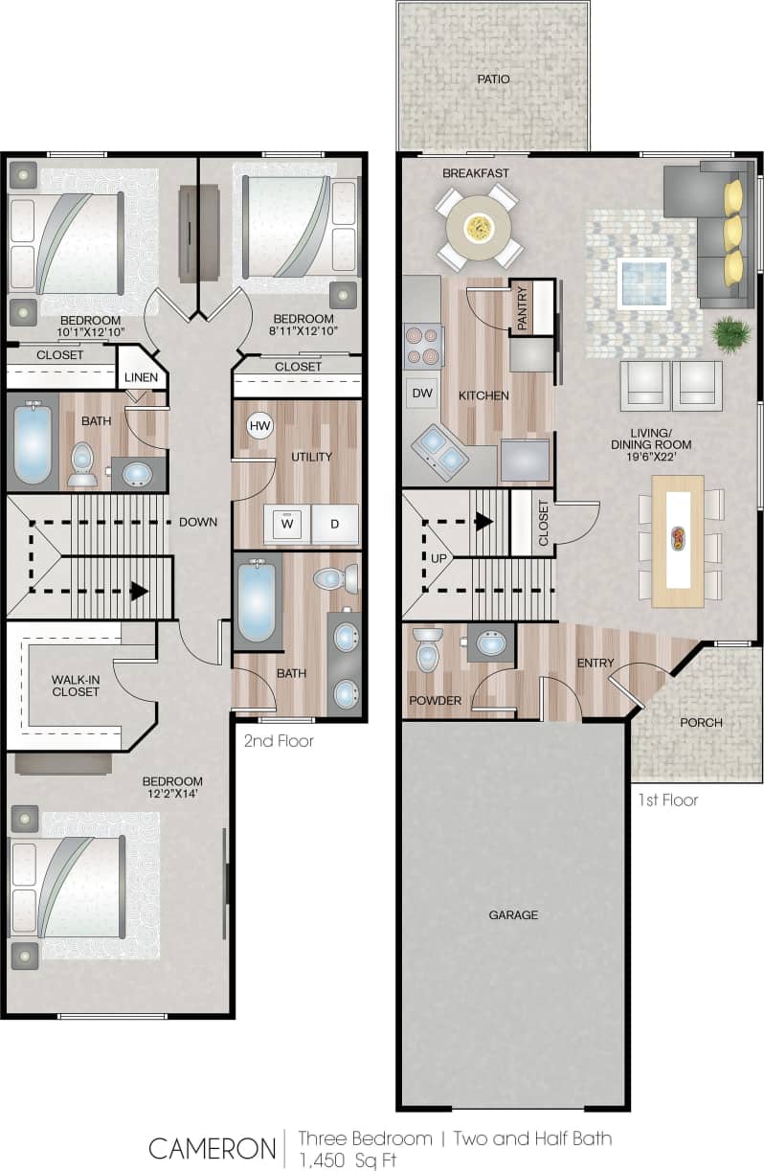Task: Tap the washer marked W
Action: point(286,524)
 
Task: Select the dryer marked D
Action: point(334,524)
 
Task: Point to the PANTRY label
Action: point(522,309)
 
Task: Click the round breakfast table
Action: point(475,228)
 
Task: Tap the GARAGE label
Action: point(513,914)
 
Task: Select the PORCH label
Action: point(702,723)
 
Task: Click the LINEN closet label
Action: point(142,377)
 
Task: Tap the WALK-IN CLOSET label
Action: point(76,686)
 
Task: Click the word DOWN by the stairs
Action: point(197,522)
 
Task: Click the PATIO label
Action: point(493,79)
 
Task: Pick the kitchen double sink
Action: point(440,451)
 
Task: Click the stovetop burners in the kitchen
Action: point(423,347)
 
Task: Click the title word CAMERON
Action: point(212,1147)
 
